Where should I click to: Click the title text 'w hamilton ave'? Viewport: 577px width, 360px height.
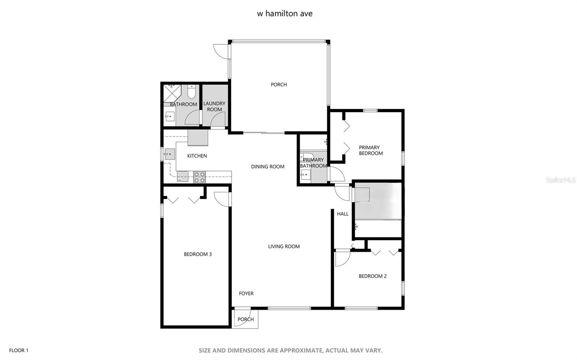[284, 14]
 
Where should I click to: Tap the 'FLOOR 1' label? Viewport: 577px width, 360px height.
[19, 350]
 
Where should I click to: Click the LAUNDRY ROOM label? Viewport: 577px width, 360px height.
[214, 106]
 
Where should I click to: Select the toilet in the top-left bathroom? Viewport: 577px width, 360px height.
[191, 92]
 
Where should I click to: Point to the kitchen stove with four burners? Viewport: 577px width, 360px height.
[199, 177]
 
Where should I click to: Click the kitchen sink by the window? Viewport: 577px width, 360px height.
[169, 154]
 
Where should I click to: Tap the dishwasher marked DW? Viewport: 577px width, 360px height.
[182, 177]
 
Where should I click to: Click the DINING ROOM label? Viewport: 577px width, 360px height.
[268, 166]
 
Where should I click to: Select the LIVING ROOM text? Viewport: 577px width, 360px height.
[284, 246]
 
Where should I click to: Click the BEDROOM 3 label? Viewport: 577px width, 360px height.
[198, 254]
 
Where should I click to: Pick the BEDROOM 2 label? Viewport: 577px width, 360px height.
[373, 276]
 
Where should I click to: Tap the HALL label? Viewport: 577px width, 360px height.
[343, 214]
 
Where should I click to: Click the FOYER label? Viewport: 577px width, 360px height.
[246, 293]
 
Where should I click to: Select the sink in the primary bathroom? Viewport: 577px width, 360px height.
[305, 175]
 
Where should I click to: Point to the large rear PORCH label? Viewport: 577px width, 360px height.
[279, 84]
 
